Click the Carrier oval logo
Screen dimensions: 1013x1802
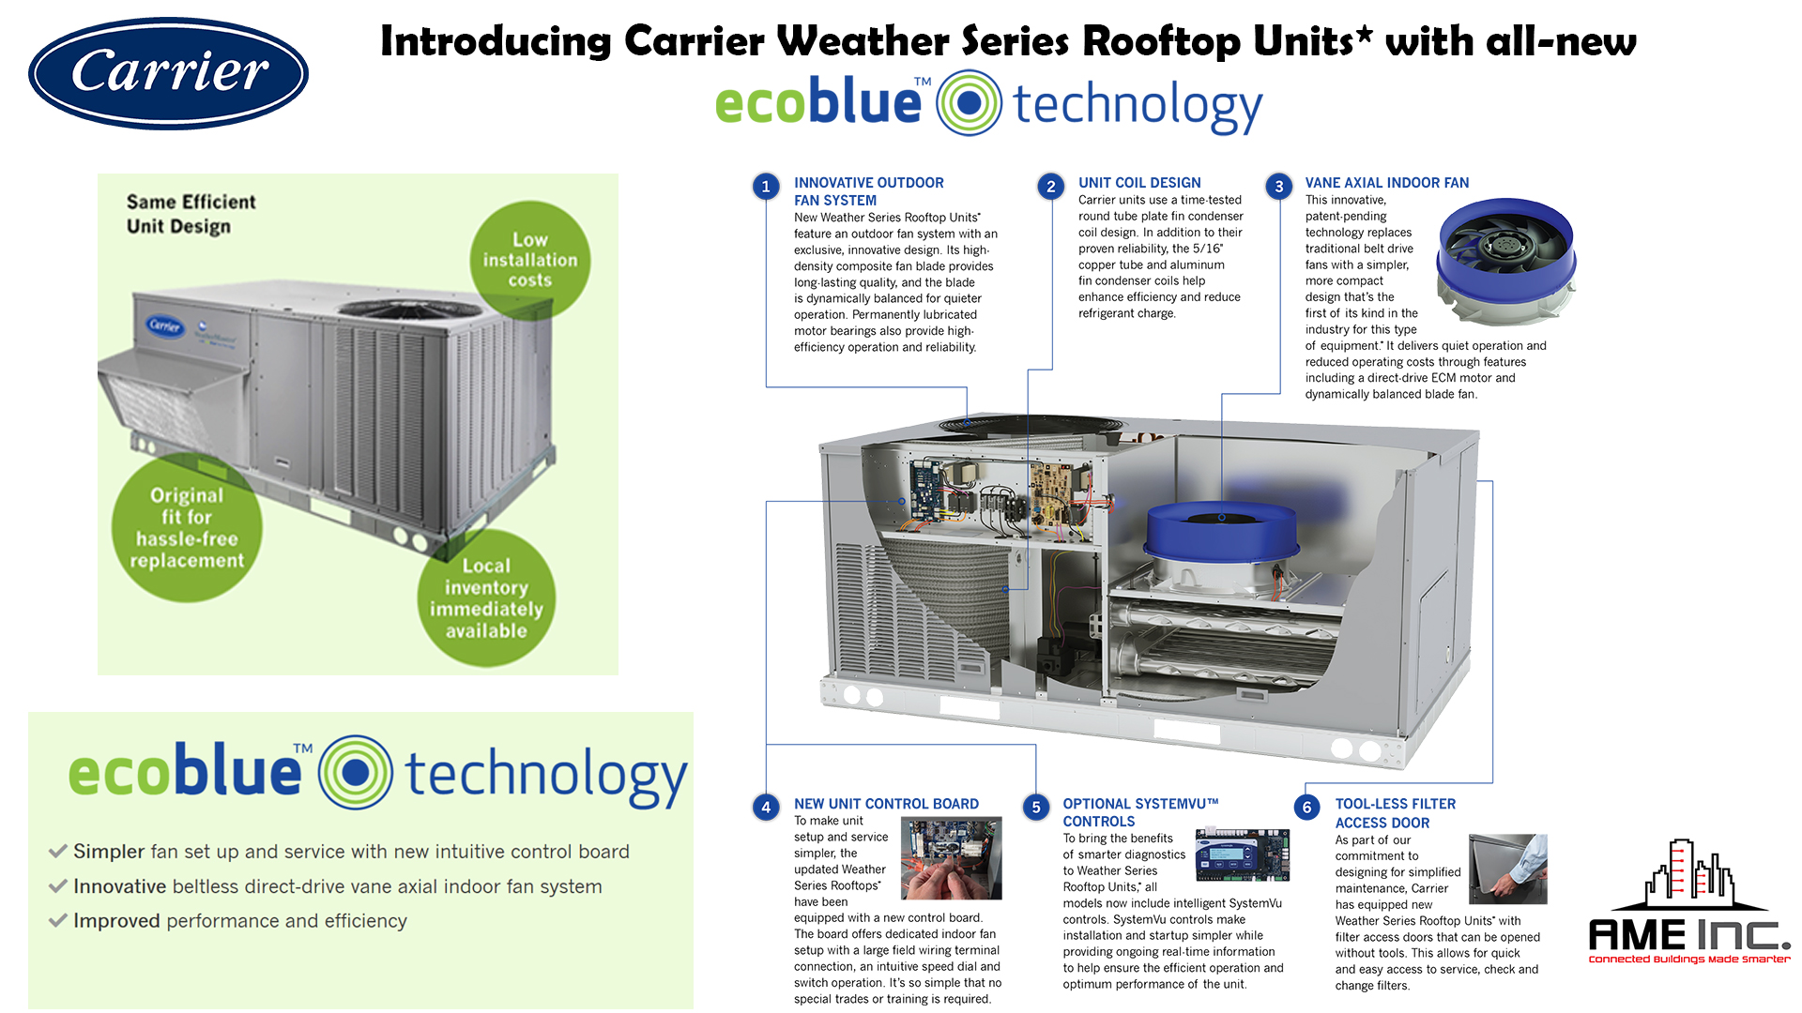coord(169,73)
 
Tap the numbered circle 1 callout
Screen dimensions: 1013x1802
coord(766,187)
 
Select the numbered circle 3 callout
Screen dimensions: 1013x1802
coord(1278,187)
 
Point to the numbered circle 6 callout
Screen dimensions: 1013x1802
coord(1306,808)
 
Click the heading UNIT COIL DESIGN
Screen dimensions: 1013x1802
coord(1139,183)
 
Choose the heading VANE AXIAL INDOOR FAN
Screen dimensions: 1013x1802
coord(1386,183)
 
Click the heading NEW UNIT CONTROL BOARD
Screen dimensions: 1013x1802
coord(886,804)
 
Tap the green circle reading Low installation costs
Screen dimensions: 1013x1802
coord(530,260)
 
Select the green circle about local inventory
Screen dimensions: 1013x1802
coord(486,598)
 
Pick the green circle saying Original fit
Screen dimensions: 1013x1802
coord(187,528)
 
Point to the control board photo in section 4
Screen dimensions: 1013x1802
coord(951,858)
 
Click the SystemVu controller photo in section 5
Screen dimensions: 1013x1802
coord(1243,854)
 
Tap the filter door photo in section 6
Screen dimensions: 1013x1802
coord(1506,869)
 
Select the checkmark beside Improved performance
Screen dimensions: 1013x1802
coord(58,921)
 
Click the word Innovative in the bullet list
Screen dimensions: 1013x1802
coord(120,886)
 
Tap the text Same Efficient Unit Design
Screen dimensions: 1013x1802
coord(191,214)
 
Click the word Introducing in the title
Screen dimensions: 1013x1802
coord(496,42)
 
